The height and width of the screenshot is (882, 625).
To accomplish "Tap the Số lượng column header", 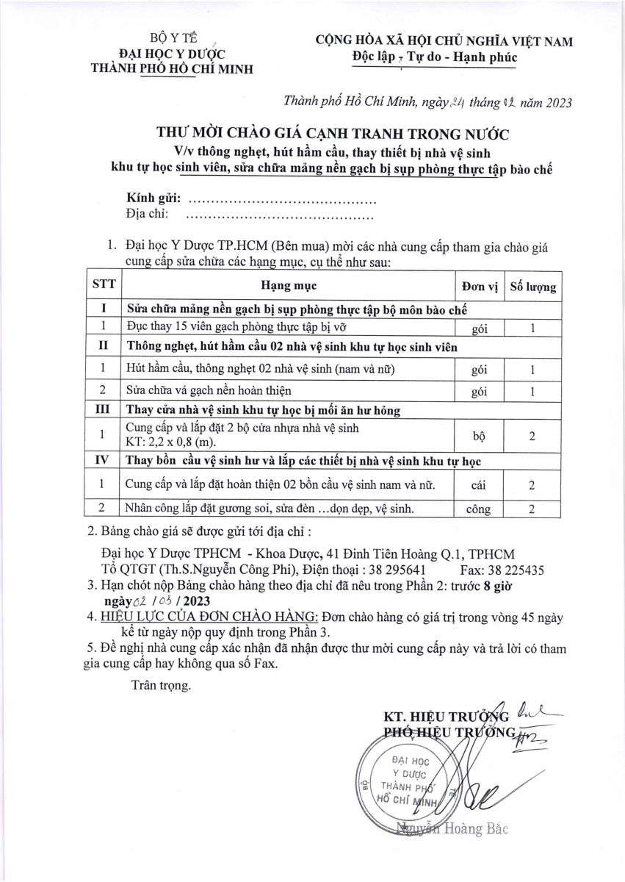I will (x=532, y=286).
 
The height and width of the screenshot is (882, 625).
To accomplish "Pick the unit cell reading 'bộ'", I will (x=480, y=436).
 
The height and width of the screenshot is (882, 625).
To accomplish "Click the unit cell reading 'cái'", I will (x=480, y=484).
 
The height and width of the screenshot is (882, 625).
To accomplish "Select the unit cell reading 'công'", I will (x=480, y=509).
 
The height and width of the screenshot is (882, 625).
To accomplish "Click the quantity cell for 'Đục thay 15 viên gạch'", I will (x=532, y=328).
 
